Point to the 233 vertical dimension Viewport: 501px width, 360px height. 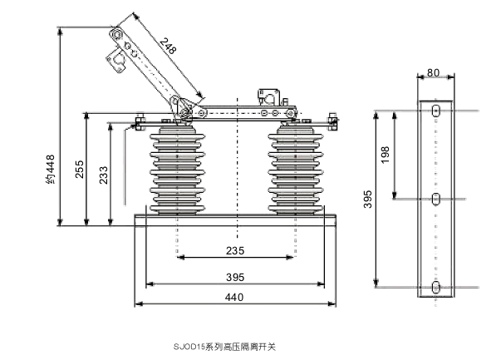click(103, 175)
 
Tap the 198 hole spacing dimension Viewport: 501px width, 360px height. click(385, 155)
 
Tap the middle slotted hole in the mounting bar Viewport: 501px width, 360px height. click(435, 199)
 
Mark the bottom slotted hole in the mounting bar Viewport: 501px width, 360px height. click(435, 287)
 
